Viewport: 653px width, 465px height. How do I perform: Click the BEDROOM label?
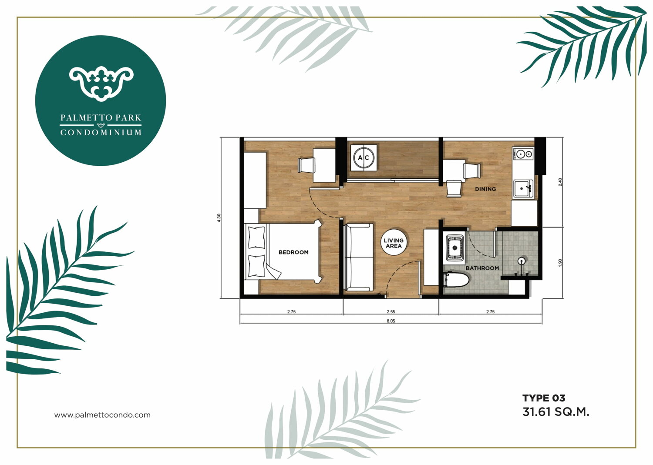coord(293,252)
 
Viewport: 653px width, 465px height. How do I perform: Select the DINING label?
coord(485,189)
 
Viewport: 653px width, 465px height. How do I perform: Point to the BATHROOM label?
coord(482,268)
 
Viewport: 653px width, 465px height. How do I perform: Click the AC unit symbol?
coord(364,157)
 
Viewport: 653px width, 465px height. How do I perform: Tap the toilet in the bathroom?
coord(456,280)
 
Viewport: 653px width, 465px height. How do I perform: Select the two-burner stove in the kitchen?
coord(524,154)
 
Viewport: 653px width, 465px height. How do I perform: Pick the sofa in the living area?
coord(358,257)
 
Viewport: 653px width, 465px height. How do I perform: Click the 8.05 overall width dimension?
coord(390,321)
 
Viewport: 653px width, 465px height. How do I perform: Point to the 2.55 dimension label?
coord(390,311)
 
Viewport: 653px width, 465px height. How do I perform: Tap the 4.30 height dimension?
coord(219,217)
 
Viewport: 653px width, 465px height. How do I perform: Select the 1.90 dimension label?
coord(559,263)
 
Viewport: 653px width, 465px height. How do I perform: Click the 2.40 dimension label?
coord(559,182)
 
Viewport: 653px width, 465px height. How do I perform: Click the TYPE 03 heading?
coord(544,398)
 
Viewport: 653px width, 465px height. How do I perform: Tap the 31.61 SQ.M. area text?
coord(555,412)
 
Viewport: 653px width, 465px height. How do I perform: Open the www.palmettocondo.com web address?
coord(102,415)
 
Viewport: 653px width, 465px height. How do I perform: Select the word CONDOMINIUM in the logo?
coord(101,133)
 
